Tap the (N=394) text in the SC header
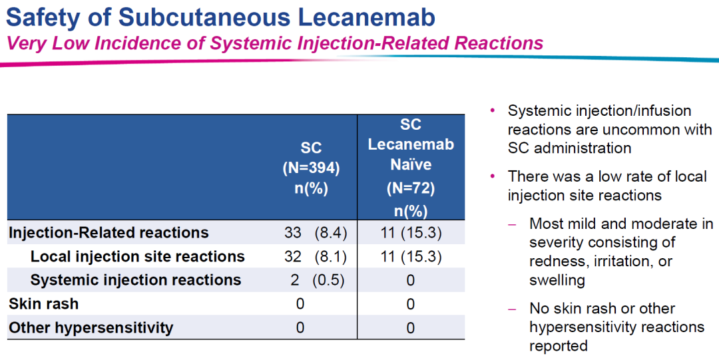pyautogui.click(x=311, y=169)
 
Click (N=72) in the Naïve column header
pyautogui.click(x=411, y=188)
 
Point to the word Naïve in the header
pyautogui.click(x=411, y=164)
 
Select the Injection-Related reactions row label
pyautogui.click(x=109, y=233)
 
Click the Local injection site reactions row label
pyautogui.click(x=138, y=256)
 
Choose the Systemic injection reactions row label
pyautogui.click(x=136, y=279)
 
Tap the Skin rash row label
pyautogui.click(x=43, y=303)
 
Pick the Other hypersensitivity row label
pyautogui.click(x=91, y=327)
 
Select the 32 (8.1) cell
pyautogui.click(x=316, y=257)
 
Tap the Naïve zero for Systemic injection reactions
pyautogui.click(x=411, y=280)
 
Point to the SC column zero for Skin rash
pyautogui.click(x=300, y=304)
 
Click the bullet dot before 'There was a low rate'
pyautogui.click(x=493, y=176)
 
